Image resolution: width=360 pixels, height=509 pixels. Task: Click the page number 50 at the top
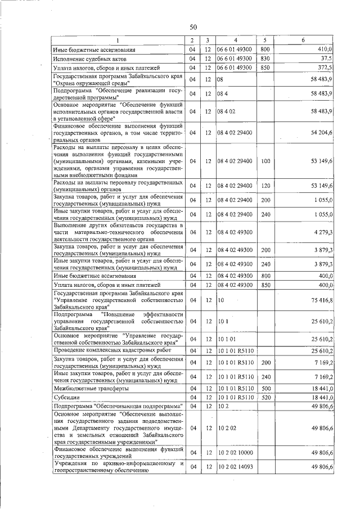coord(193,27)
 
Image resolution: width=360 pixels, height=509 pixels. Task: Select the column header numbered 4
coord(236,40)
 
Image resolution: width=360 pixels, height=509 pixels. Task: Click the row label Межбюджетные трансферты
coord(91,388)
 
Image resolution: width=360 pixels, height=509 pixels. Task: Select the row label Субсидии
coord(66,397)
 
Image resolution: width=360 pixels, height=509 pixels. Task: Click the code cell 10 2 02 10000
coord(236,452)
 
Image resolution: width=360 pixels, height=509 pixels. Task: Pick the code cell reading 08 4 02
coord(226,112)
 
